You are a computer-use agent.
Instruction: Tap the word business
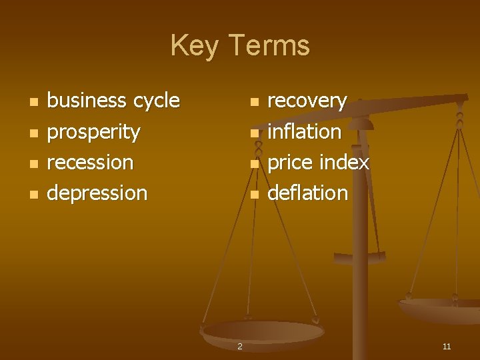point(87,101)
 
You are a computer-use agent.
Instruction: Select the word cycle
point(157,101)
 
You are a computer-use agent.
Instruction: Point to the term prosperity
point(94,132)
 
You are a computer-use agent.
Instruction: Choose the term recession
point(91,162)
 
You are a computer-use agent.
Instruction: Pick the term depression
point(97,193)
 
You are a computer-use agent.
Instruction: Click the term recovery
point(307,101)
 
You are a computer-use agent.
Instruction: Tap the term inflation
point(304,131)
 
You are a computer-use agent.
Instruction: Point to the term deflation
point(307,193)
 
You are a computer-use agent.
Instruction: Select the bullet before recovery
point(253,103)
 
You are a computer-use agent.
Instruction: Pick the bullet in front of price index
point(253,164)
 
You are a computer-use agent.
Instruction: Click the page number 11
point(447,347)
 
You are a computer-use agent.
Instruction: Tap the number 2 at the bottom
point(240,347)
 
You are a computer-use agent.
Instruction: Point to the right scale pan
point(440,308)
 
